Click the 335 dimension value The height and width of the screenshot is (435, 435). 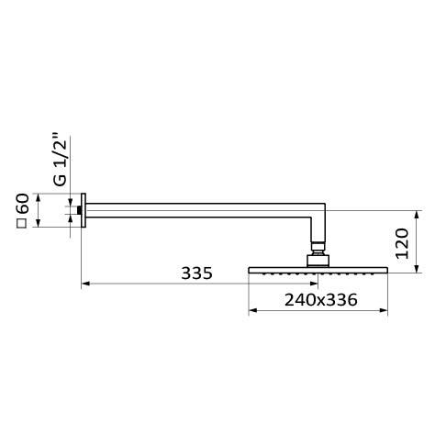click(196, 273)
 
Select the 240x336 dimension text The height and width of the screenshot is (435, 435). click(321, 300)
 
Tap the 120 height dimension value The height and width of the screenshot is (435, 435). click(402, 243)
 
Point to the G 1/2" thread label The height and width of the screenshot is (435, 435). click(60, 159)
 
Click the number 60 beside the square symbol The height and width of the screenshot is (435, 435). click(23, 204)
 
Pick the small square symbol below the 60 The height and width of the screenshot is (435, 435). click(21, 224)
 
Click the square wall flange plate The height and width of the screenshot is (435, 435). click(84, 210)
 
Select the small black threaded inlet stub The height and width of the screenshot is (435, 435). click(79, 210)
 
